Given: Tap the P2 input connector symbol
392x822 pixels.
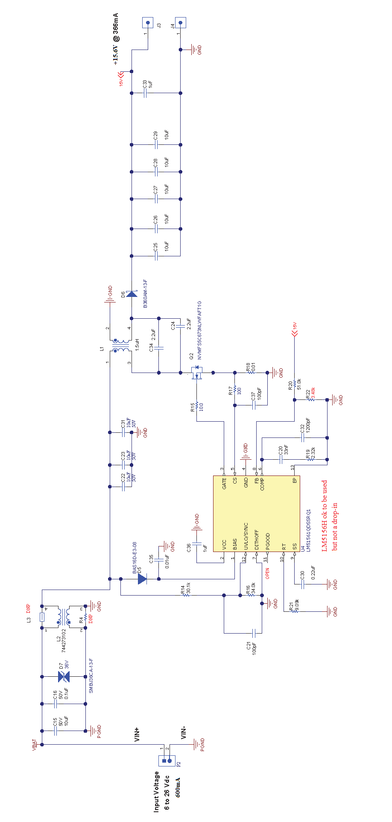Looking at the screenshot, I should [167, 760].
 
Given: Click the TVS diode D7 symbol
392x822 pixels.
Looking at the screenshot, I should [64, 676].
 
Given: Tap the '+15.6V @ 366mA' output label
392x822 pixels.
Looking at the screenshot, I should [116, 38].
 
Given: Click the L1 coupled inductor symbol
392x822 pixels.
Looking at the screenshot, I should [120, 346].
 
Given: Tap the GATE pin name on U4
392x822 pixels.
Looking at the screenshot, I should [225, 484].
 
